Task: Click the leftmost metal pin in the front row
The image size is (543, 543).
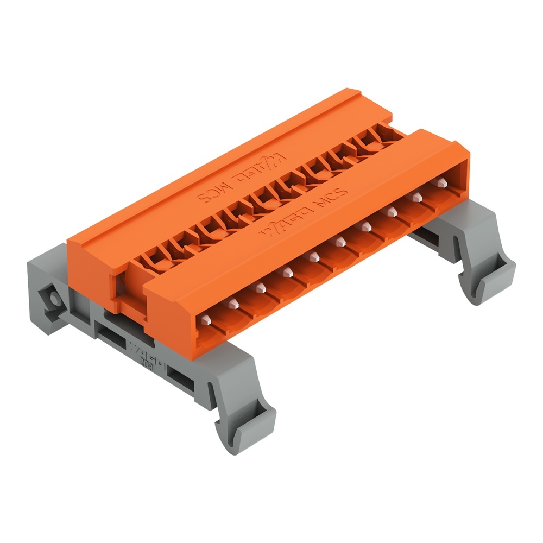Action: click(206, 321)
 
